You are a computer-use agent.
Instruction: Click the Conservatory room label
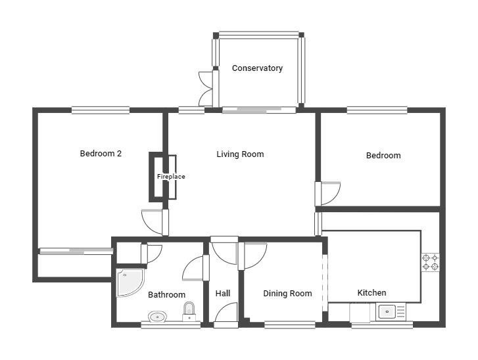coord(257,68)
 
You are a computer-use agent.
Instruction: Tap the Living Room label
coord(240,154)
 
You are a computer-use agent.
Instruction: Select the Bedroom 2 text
coord(101,154)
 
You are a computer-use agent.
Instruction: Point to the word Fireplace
coord(171,176)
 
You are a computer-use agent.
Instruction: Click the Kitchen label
coord(371,293)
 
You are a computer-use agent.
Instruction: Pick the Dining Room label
coord(287,293)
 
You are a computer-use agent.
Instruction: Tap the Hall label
coord(223,293)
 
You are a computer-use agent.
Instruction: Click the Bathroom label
coord(167,294)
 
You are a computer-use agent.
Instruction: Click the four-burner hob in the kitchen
coord(431,263)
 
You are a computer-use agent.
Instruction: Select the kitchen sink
coord(392,312)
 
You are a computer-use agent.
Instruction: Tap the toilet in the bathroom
coord(189,311)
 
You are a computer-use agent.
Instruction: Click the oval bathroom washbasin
coord(157,317)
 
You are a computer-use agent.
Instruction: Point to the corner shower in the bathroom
coord(130,282)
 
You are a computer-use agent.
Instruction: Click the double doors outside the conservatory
coord(206,89)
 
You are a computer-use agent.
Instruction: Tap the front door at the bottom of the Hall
coord(226,315)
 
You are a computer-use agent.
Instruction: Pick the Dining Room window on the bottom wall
coord(289,325)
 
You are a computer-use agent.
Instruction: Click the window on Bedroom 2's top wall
coord(101,110)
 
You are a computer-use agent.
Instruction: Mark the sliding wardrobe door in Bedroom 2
coord(76,251)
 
